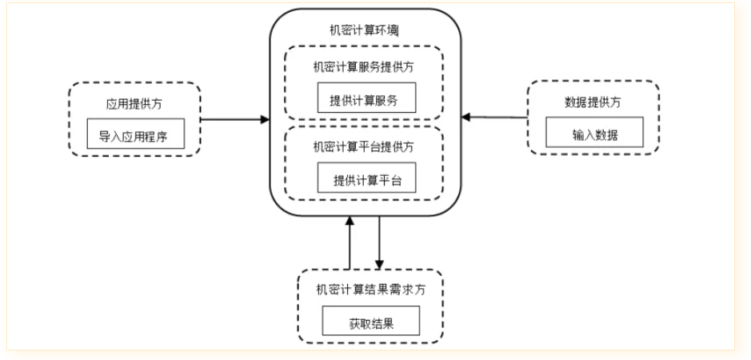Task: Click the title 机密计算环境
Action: pyautogui.click(x=366, y=30)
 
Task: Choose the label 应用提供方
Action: pyautogui.click(x=134, y=104)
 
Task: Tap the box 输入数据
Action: pyautogui.click(x=593, y=134)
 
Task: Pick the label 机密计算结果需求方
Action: pyautogui.click(x=370, y=290)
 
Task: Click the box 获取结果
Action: pyautogui.click(x=370, y=323)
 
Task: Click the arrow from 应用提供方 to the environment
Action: pyautogui.click(x=234, y=120)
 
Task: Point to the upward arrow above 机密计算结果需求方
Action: pyautogui.click(x=349, y=243)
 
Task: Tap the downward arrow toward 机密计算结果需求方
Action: pyautogui.click(x=380, y=240)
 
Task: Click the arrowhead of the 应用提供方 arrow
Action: pyautogui.click(x=266, y=120)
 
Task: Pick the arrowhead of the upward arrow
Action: pyautogui.click(x=349, y=220)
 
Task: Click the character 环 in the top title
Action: pyautogui.click(x=385, y=30)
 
